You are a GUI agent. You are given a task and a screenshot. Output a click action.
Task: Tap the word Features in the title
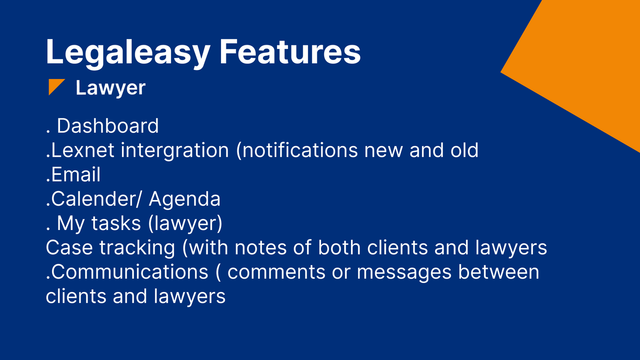[x=290, y=51]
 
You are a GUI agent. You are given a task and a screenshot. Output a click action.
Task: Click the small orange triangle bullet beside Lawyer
[x=56, y=87]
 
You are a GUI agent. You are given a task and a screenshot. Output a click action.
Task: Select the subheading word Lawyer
[x=110, y=88]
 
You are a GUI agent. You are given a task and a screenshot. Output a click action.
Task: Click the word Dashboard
[x=108, y=126]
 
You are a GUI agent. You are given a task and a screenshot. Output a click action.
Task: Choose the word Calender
[x=91, y=199]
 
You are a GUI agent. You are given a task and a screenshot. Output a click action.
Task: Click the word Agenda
[x=185, y=199]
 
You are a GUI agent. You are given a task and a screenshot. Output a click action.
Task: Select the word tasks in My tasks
[x=116, y=223]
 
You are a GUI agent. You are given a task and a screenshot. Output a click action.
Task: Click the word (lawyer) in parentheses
[x=185, y=223]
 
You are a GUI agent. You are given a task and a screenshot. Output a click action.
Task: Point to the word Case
[x=69, y=248]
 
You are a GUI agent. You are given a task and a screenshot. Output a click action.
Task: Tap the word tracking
[x=137, y=248]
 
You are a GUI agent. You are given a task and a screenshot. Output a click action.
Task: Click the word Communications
[x=127, y=272]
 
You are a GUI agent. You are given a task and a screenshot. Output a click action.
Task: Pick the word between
[x=499, y=272]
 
